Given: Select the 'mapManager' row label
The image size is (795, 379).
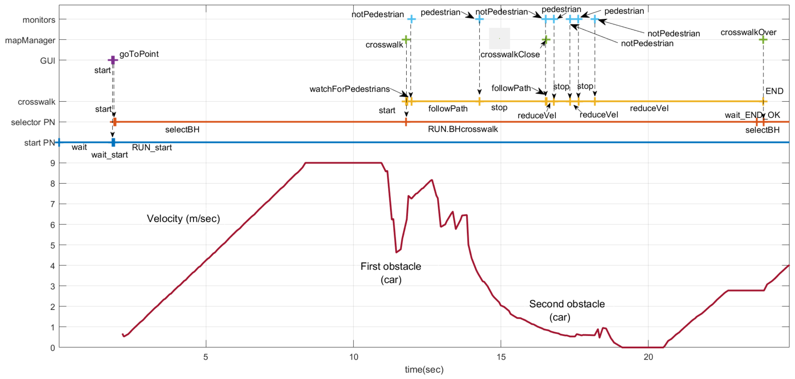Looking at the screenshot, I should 30,40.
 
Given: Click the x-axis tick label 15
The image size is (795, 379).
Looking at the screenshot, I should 501,357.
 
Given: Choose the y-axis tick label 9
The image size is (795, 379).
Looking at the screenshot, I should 53,163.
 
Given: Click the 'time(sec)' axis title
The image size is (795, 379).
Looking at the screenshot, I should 424,370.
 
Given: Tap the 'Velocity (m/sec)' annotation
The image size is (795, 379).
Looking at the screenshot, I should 183,219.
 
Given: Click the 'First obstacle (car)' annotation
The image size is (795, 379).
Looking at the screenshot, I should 391,273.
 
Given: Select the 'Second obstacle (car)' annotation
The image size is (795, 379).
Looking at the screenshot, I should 567,310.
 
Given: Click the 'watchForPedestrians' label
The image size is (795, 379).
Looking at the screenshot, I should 350,89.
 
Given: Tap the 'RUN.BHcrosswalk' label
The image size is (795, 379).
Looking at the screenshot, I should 463,129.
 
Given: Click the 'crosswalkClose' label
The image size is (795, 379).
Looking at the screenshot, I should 510,55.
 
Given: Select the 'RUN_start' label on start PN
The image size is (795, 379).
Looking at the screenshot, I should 152,147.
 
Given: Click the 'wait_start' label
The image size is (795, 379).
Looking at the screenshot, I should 110,155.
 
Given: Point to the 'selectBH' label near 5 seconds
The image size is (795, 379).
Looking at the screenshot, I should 182,130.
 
